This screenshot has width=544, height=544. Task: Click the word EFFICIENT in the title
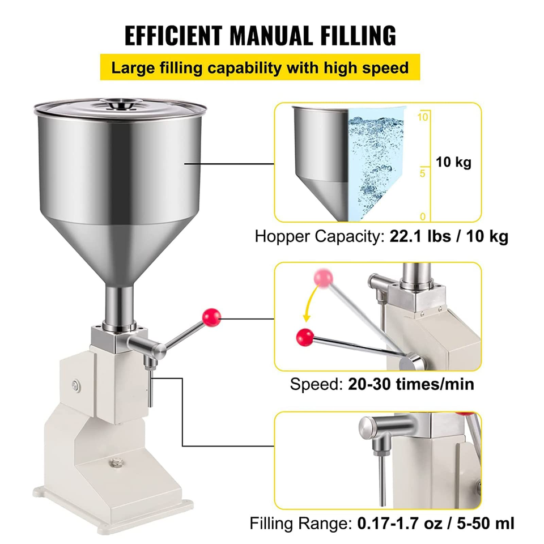coord(173,35)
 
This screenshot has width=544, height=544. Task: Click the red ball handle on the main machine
coord(211,317)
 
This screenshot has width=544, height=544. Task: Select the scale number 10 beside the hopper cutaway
coord(423,117)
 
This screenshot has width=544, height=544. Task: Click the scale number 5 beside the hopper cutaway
coord(422,173)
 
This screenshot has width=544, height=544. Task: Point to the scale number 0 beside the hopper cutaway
coord(423,216)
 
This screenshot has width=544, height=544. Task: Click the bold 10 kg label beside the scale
coord(453,162)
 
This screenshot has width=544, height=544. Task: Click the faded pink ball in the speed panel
coord(323,278)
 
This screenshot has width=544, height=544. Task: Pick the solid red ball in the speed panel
coord(305,337)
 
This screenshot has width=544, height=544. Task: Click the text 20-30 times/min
coord(411,384)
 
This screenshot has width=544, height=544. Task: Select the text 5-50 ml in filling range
coord(486,523)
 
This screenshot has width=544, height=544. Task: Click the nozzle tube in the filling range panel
coord(382,481)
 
